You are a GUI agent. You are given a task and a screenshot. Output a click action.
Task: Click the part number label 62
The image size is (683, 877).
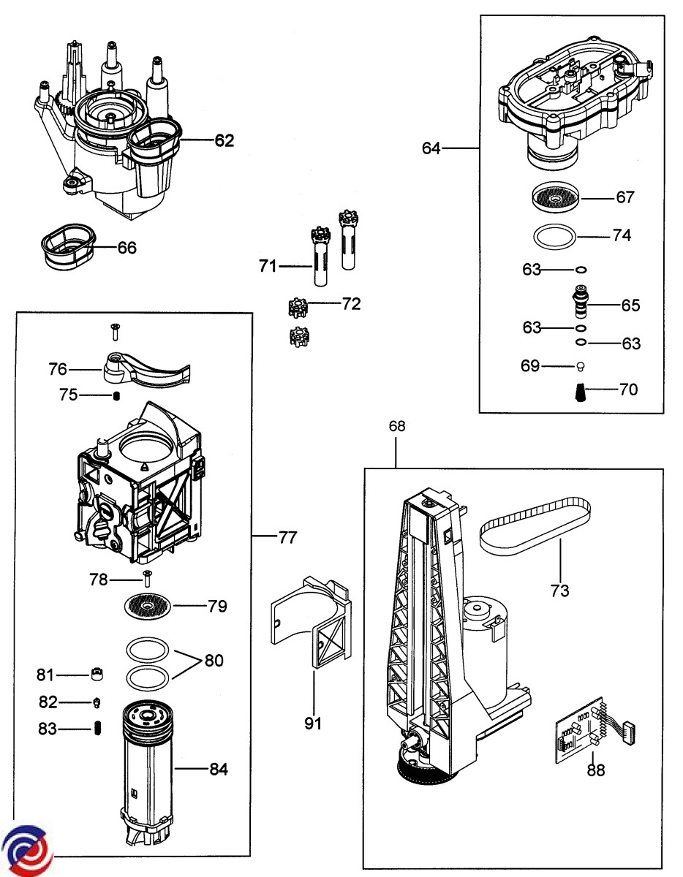point(224,140)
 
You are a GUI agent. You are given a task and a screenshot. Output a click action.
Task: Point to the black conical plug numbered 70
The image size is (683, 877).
point(580,392)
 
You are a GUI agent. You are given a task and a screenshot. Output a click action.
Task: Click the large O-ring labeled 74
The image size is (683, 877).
point(554,237)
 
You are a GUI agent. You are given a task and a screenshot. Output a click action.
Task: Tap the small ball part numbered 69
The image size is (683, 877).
point(580,366)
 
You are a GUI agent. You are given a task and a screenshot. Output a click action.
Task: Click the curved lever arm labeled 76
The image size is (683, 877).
point(146,368)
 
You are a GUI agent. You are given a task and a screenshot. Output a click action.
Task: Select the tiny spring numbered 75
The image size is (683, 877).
point(116,396)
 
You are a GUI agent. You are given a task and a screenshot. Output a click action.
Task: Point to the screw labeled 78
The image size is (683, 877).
point(147,579)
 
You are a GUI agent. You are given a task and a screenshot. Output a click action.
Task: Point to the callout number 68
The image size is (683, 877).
point(397,426)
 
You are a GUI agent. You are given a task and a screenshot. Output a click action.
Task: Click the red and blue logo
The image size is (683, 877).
point(26,851)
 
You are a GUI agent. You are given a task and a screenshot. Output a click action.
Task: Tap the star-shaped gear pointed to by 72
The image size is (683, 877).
point(298,308)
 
